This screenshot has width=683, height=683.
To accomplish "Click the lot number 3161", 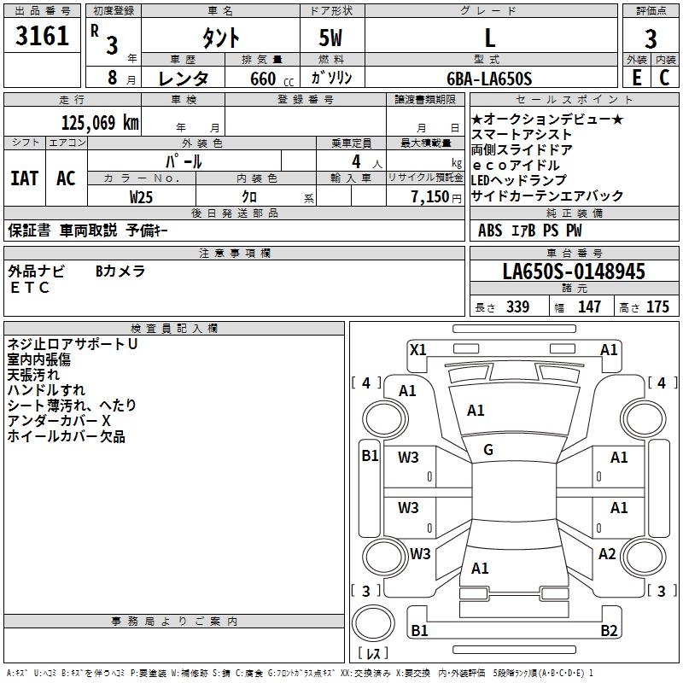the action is pyautogui.click(x=42, y=37).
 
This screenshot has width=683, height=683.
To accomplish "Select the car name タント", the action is pyautogui.click(x=219, y=38).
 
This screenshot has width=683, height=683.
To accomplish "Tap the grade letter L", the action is pyautogui.click(x=489, y=38).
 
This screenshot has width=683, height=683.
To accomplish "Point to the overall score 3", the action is pyautogui.click(x=651, y=38).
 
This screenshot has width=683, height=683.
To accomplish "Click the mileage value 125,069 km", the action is pyautogui.click(x=100, y=122).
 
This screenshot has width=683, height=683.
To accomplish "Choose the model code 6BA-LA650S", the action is pyautogui.click(x=489, y=79).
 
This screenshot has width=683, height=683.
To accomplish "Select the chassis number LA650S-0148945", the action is pyautogui.click(x=574, y=272).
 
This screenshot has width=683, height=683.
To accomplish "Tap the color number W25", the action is pyautogui.click(x=142, y=196).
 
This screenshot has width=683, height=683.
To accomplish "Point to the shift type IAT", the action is pyautogui.click(x=25, y=178).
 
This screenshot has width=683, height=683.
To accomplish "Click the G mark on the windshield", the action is pyautogui.click(x=487, y=450).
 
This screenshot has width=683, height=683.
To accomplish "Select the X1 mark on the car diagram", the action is pyautogui.click(x=418, y=349).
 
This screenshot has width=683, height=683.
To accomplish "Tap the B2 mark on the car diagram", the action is pyautogui.click(x=608, y=631).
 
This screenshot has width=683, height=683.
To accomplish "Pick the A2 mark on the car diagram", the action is pyautogui.click(x=607, y=554).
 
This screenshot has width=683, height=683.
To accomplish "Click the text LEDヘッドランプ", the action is pyautogui.click(x=518, y=181).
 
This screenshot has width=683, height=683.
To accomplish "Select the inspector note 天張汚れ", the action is pyautogui.click(x=33, y=375).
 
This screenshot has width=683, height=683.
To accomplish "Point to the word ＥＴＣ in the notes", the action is pyautogui.click(x=30, y=288).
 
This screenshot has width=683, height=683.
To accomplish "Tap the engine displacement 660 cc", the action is pyautogui.click(x=269, y=79).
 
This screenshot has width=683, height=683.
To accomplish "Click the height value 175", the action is pyautogui.click(x=657, y=307).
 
